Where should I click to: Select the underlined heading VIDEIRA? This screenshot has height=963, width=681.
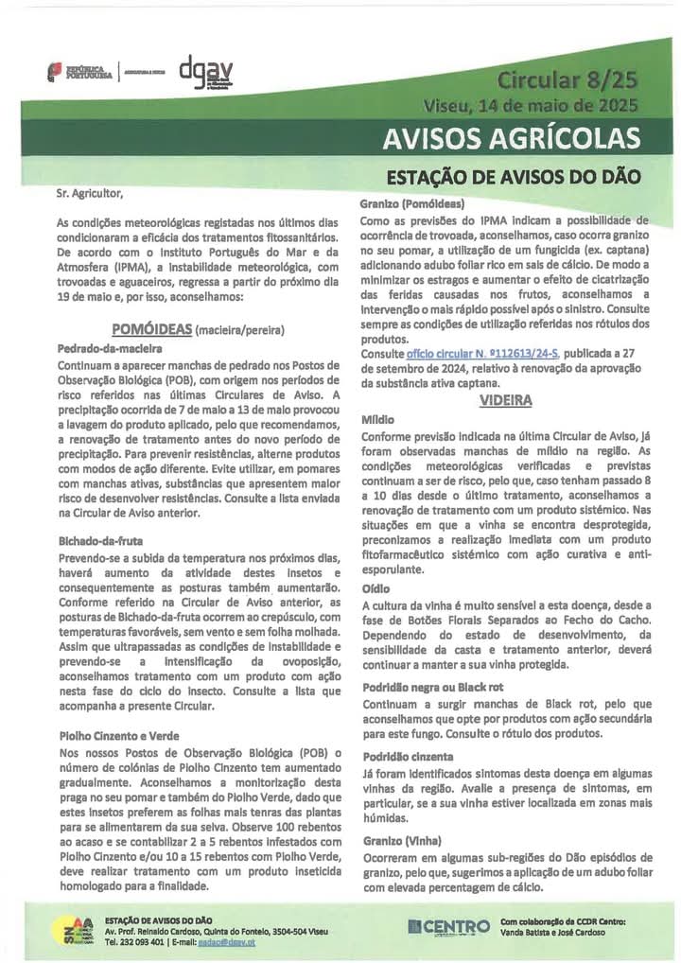506,400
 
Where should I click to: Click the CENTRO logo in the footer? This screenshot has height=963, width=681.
448,926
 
